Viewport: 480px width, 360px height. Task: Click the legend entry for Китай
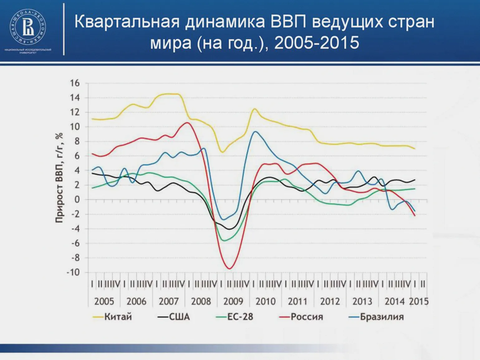pos(118,317)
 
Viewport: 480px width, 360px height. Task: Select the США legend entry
pos(179,317)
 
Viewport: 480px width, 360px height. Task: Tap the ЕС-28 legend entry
pos(240,317)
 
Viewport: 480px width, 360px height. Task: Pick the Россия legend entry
pos(307,317)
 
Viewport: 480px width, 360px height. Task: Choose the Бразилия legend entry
pos(382,317)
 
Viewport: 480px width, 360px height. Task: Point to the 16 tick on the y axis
pos(75,83)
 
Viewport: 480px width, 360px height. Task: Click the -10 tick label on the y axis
pos(73,272)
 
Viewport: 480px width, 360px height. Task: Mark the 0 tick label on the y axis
pos(77,199)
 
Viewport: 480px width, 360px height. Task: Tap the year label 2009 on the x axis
pos(233,301)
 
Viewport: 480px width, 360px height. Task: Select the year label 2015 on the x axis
pos(419,301)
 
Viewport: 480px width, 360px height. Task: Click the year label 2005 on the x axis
pos(104,301)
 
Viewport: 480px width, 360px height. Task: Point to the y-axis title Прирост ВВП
pos(59,178)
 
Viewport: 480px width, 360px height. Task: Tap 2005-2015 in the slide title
pos(316,42)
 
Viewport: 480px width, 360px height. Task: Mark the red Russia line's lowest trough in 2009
pos(230,269)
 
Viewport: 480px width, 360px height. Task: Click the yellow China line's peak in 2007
pos(170,94)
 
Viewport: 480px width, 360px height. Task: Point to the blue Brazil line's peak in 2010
pos(256,132)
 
